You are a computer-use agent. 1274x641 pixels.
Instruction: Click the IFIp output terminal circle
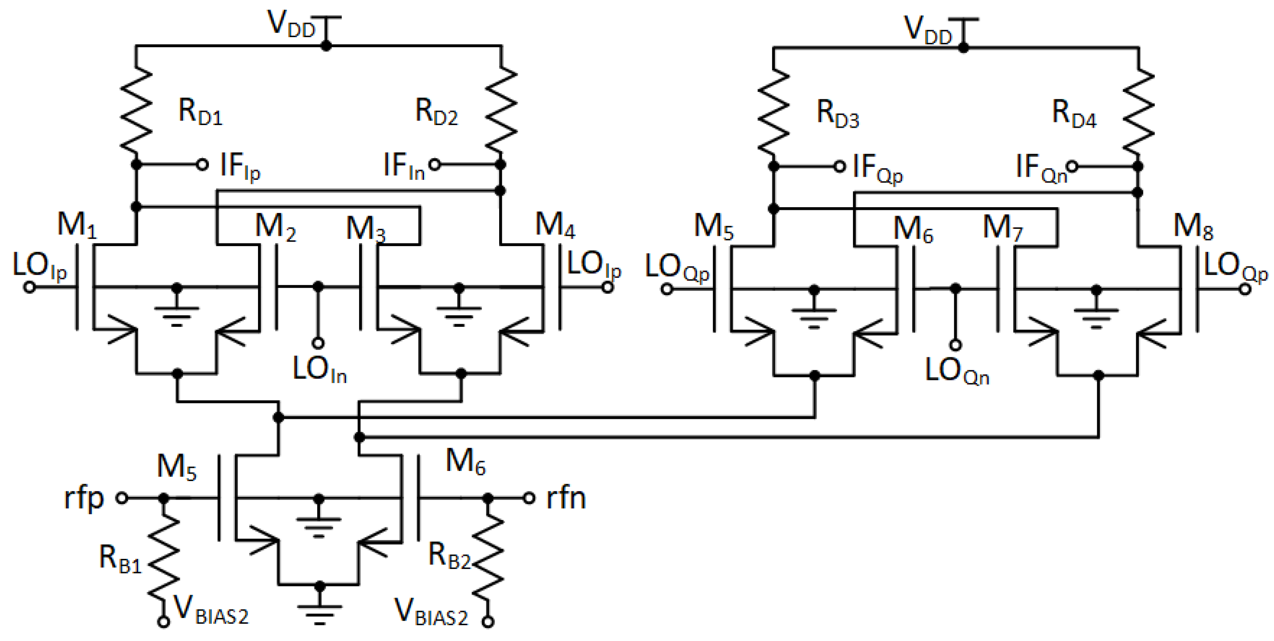coord(202,165)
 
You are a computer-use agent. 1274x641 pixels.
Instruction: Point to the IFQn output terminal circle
coord(1072,167)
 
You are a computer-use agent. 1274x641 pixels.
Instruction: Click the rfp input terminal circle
coord(121,497)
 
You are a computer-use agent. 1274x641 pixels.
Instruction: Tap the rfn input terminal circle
coord(529,497)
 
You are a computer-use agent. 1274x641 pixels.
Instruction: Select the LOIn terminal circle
coord(318,343)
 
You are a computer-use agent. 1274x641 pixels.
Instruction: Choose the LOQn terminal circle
coord(955,345)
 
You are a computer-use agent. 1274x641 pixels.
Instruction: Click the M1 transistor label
coord(77,225)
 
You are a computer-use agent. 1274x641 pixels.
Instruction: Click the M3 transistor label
coord(365,229)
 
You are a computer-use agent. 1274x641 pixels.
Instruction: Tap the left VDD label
coord(291,24)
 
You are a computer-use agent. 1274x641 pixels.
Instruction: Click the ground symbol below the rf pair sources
coord(319,613)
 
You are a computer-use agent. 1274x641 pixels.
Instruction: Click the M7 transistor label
coord(1002,228)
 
